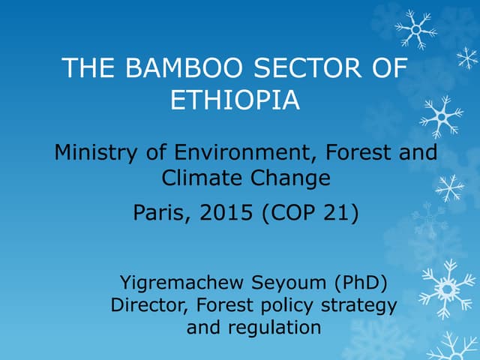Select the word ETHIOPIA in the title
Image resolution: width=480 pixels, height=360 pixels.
click(235, 100)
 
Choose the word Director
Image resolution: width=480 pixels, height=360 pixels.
click(146, 306)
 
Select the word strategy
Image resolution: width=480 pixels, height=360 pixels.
click(359, 307)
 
